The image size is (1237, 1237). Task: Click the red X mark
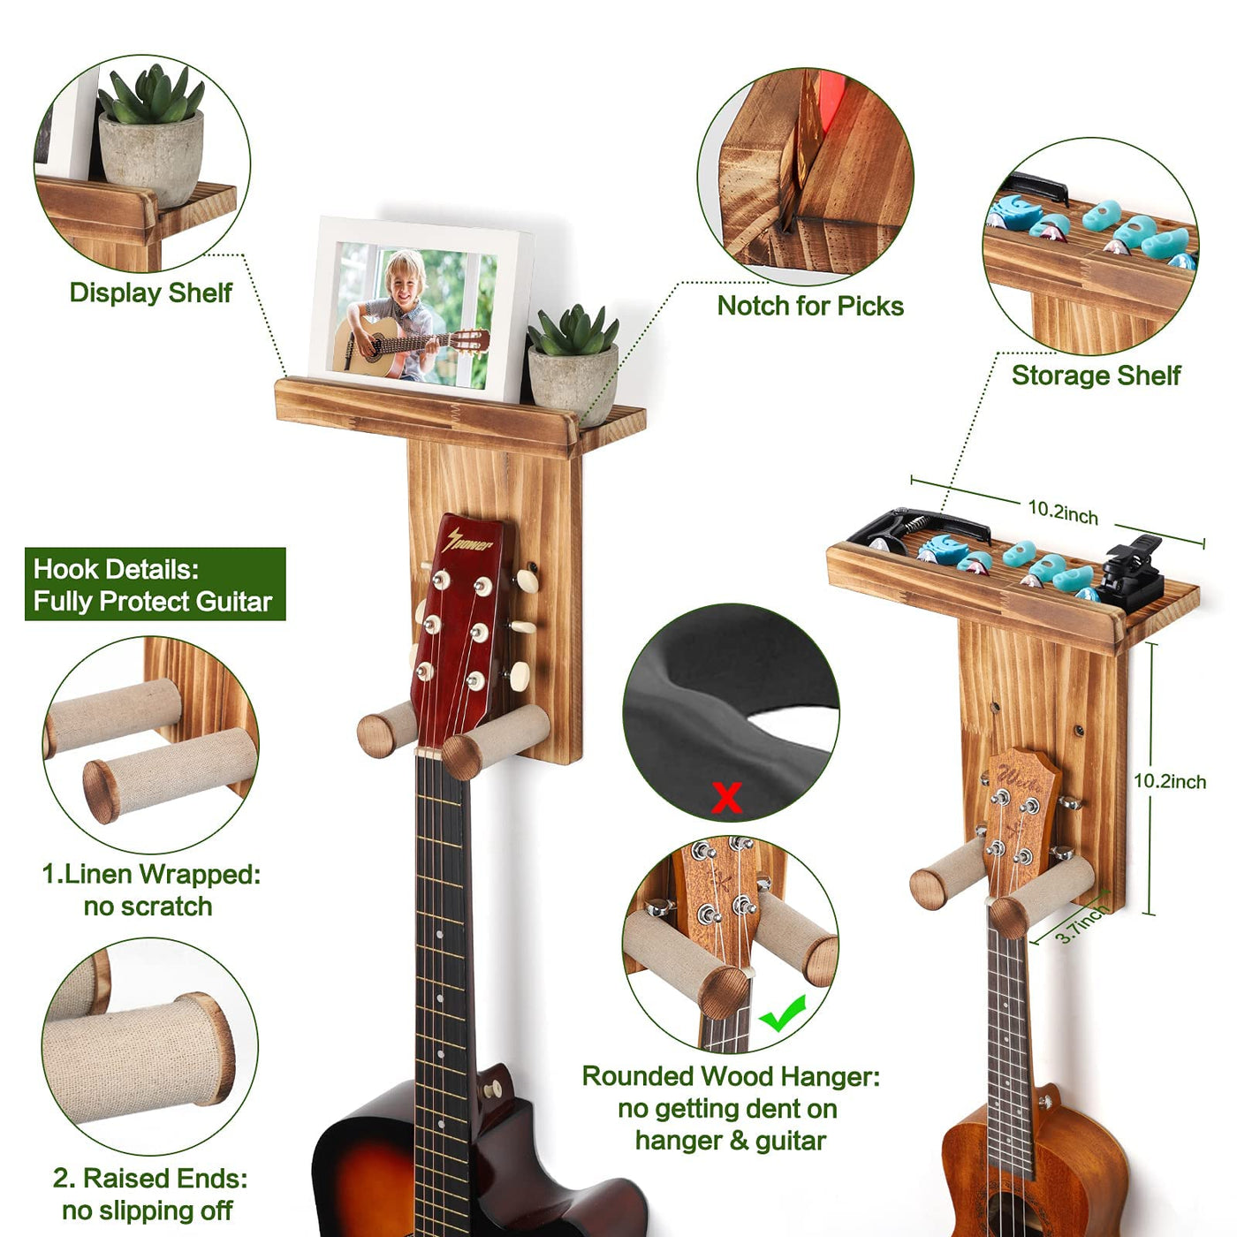click(x=726, y=797)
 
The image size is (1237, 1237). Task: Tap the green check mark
click(x=783, y=1013)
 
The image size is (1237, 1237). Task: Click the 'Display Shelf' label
click(x=151, y=293)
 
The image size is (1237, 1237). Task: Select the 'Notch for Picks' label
click(x=810, y=307)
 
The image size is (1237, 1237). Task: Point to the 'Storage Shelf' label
click(x=1096, y=376)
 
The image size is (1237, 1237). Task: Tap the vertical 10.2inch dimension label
click(x=1170, y=781)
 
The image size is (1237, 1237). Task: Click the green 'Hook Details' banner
click(x=156, y=584)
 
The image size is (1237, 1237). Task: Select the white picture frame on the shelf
click(x=421, y=309)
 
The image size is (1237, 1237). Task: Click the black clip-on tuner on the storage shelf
click(x=1130, y=569)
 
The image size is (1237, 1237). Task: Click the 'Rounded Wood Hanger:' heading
click(x=731, y=1076)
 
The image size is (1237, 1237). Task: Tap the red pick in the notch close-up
click(x=832, y=96)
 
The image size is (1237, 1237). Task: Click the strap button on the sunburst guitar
click(x=493, y=1088)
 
